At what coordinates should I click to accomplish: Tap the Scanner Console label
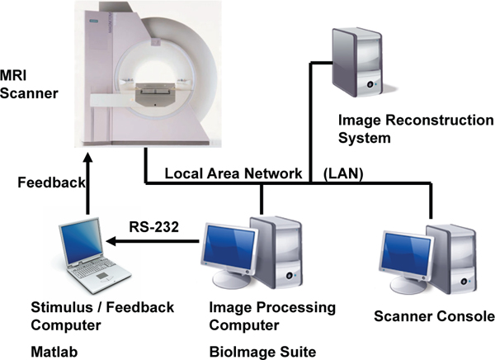(434, 316)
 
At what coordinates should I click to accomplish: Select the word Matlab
(50, 352)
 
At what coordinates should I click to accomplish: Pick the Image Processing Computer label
(263, 315)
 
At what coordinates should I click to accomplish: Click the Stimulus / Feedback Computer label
(101, 315)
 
